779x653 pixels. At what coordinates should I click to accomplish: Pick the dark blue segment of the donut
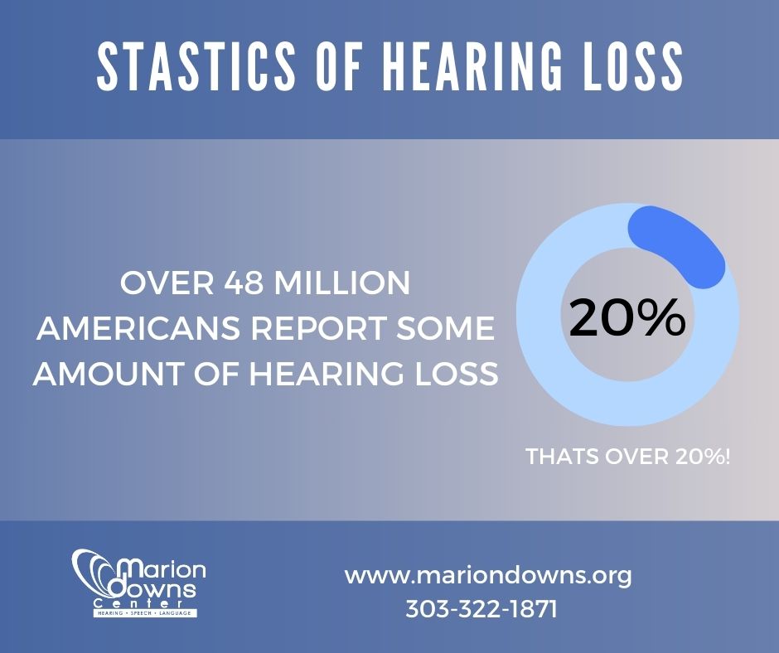pos(681,241)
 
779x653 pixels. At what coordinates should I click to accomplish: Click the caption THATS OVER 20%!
pos(628,457)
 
